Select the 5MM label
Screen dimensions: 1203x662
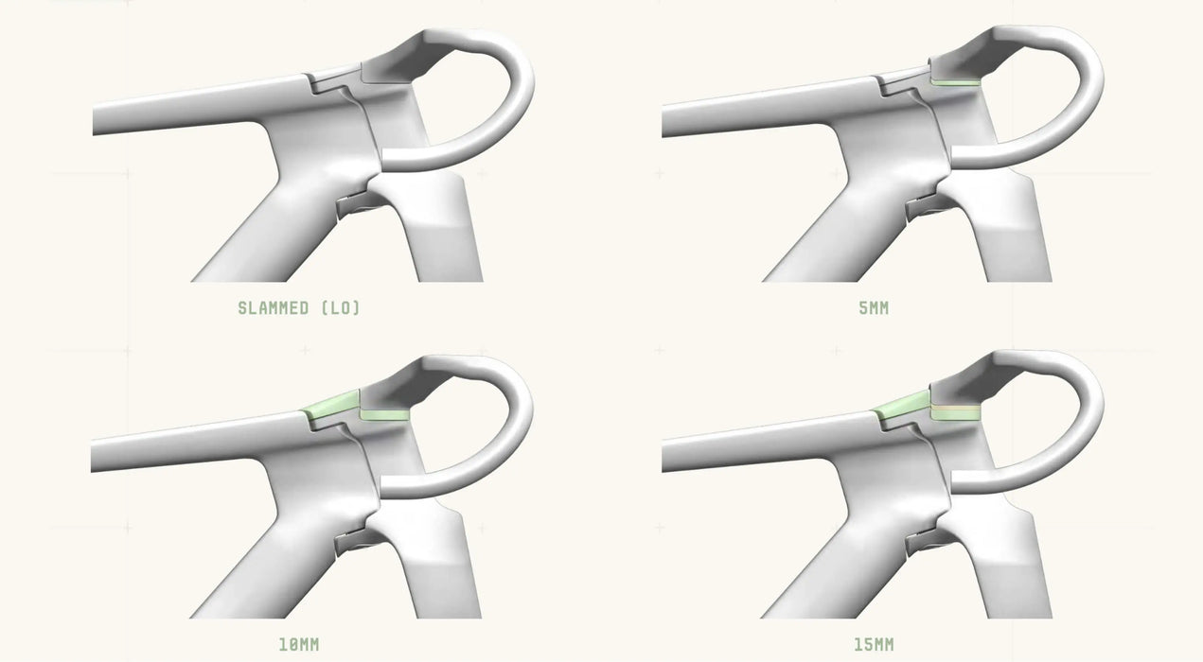[874, 308]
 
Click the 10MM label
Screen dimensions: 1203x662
[298, 644]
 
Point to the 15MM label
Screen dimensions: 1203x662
[874, 644]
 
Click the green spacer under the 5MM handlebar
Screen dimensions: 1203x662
[954, 83]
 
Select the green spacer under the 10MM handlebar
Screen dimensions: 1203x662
[383, 414]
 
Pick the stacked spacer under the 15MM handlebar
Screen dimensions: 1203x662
[955, 413]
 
